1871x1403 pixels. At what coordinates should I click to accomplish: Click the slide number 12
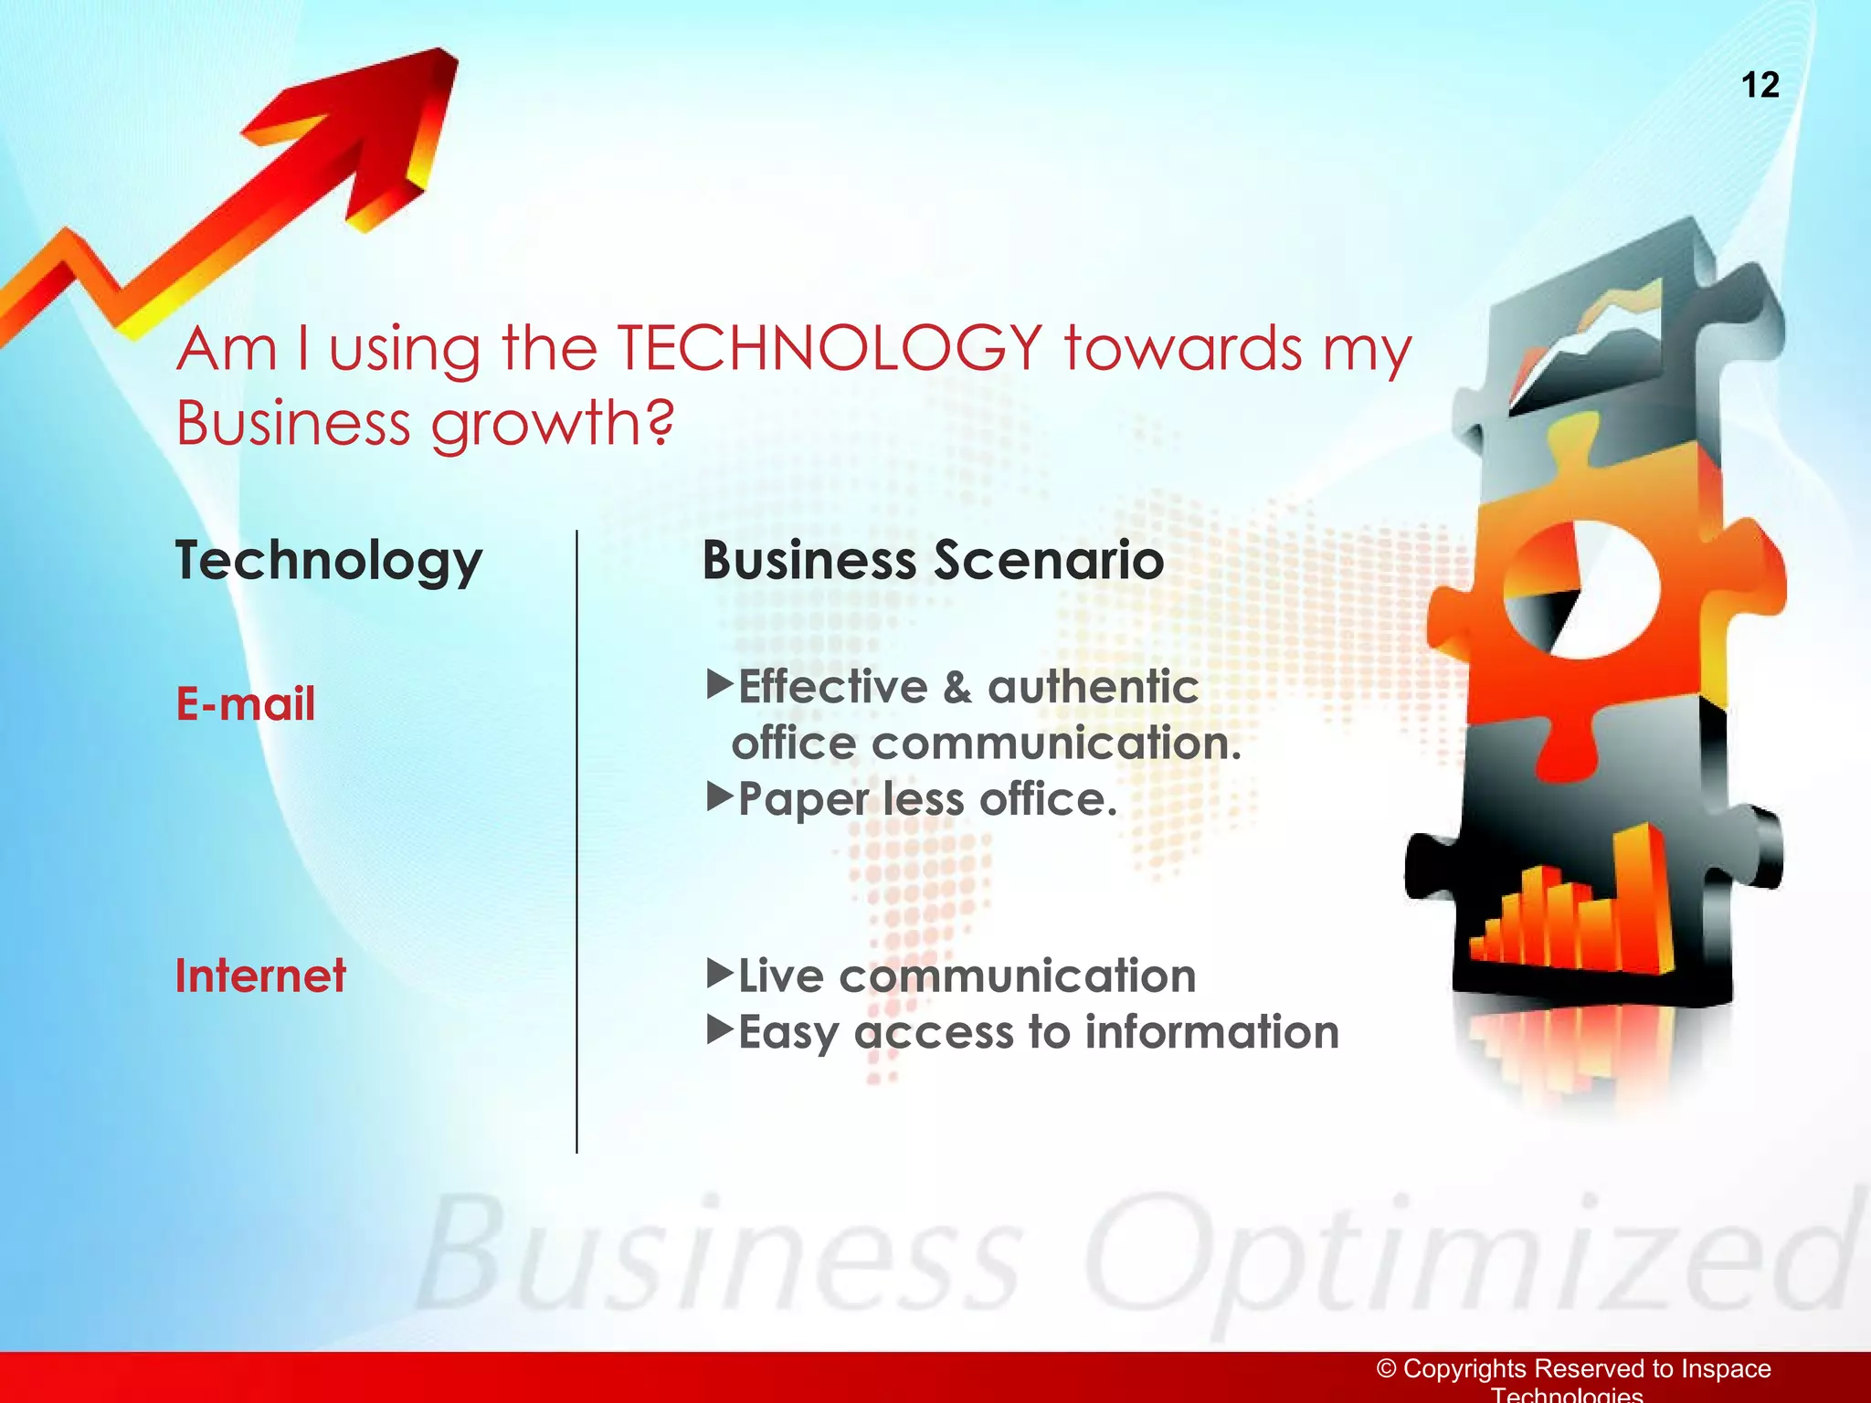tap(1760, 85)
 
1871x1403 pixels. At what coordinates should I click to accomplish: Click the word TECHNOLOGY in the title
tap(829, 349)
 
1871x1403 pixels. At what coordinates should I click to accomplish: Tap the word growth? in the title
tap(552, 425)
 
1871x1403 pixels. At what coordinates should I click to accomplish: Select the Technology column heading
tap(328, 561)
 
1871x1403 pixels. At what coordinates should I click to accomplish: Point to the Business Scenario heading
tap(933, 560)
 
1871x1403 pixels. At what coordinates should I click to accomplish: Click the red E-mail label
tap(245, 704)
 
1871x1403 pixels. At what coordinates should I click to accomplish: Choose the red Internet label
tap(260, 976)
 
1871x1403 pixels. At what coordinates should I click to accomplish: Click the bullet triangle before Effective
tap(720, 683)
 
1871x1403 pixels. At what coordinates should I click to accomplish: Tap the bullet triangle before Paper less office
tap(720, 796)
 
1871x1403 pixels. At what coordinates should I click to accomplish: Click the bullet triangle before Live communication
tap(720, 973)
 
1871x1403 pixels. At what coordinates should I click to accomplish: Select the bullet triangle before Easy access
tap(720, 1029)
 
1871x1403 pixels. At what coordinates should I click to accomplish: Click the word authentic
tap(1093, 687)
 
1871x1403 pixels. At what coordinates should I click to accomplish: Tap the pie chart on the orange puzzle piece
tap(1581, 589)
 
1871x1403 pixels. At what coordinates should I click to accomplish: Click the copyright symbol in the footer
tap(1387, 1368)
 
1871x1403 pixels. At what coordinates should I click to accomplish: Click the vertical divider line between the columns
tap(576, 840)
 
